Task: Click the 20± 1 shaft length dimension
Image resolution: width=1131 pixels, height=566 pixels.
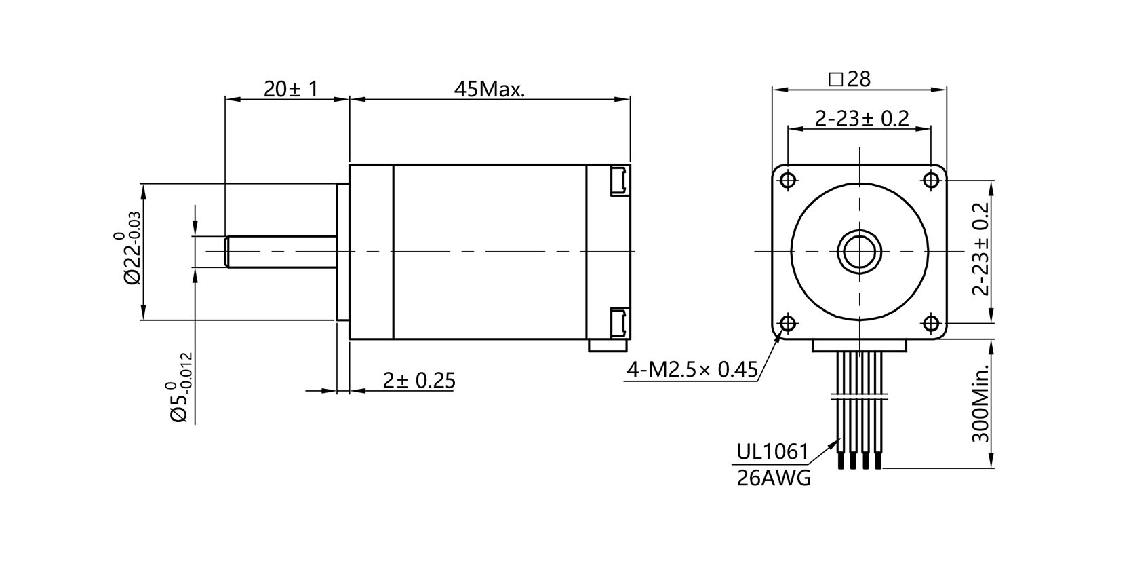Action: (290, 89)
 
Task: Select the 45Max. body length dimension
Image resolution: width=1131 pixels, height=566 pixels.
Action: (490, 89)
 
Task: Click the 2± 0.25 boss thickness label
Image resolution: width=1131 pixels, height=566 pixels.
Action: (418, 381)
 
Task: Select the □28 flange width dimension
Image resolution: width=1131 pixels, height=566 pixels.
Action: (850, 79)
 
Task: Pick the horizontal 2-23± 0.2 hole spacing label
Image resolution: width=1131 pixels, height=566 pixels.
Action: (861, 119)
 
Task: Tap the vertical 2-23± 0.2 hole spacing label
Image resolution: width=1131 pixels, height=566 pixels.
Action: (980, 249)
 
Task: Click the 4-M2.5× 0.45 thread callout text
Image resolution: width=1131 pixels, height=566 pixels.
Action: (692, 370)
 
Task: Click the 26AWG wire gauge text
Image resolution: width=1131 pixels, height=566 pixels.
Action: (773, 478)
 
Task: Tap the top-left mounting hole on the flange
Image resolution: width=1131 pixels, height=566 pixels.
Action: (787, 181)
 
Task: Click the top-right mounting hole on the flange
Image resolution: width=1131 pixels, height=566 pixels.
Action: (930, 181)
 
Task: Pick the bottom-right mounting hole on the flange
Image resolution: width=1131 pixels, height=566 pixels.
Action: (930, 324)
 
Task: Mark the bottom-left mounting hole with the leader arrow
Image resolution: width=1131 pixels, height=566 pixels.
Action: (787, 324)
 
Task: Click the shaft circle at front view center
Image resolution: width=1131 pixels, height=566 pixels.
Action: (859, 252)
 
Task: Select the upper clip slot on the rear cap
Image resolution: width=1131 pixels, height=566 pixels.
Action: (618, 181)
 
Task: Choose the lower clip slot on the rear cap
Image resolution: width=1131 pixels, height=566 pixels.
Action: (618, 322)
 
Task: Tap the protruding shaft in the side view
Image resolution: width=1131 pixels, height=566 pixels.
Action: (281, 252)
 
